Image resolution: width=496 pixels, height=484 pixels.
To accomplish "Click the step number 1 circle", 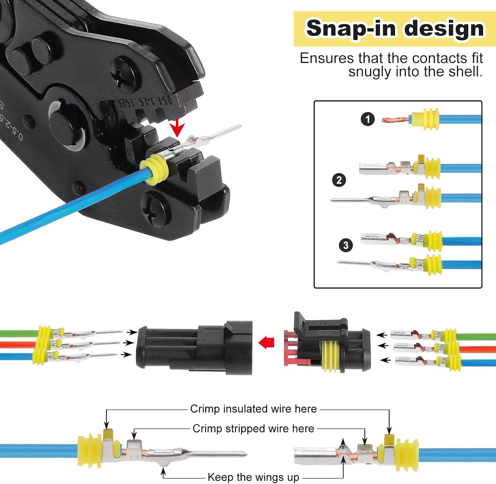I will click(367, 119).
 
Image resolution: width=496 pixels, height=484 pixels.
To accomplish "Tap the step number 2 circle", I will click(339, 180).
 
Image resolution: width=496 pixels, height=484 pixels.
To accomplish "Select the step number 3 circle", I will click(346, 245).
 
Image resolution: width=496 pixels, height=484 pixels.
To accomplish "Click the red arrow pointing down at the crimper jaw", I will click(178, 127).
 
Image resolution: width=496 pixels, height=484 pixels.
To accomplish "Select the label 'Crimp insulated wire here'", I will click(253, 409).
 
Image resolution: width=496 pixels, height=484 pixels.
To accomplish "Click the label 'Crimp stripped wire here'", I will click(253, 428).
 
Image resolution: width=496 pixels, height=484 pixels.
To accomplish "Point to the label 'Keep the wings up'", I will click(253, 477).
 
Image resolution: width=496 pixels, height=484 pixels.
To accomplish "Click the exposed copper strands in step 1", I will click(395, 120).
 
